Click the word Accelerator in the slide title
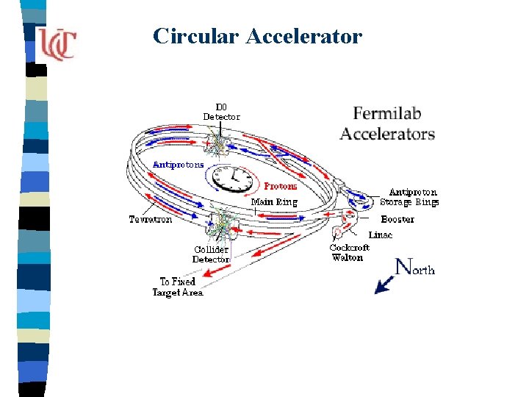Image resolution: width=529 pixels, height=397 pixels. [x=304, y=36]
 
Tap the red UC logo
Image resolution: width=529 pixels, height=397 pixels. [x=57, y=44]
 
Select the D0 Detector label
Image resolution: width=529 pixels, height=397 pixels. [x=221, y=111]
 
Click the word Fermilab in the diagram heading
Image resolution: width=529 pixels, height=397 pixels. [x=387, y=114]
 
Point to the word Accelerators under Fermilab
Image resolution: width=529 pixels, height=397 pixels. [x=387, y=134]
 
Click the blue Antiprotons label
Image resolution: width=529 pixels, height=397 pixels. [x=178, y=165]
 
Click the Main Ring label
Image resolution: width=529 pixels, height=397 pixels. [x=274, y=201]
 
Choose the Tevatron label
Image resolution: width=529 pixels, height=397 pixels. [x=151, y=219]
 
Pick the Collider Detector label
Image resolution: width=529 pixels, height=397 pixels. [x=211, y=254]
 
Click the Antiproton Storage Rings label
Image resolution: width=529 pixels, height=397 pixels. [x=409, y=197]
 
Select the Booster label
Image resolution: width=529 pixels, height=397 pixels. [x=397, y=219]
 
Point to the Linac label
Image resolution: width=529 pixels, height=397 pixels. [x=381, y=235]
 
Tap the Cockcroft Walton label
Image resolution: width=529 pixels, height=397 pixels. [x=350, y=252]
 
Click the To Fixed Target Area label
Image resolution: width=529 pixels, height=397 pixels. [x=178, y=287]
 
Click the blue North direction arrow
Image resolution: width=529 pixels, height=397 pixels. [x=384, y=283]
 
